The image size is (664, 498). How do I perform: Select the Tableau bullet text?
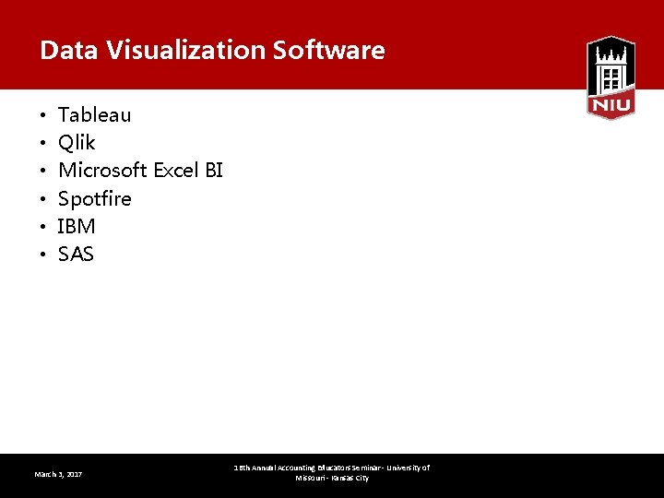(x=94, y=115)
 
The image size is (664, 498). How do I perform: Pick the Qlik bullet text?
(x=77, y=143)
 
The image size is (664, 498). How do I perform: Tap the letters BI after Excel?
(x=214, y=171)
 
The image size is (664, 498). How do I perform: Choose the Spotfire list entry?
(x=94, y=198)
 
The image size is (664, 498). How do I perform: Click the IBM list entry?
(x=77, y=226)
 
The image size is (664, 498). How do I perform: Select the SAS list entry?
(x=76, y=254)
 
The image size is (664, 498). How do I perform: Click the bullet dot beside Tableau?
(x=43, y=116)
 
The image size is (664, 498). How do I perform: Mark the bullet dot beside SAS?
(x=43, y=255)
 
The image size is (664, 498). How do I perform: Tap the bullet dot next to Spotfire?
(x=43, y=199)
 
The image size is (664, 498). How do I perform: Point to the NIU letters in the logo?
(x=611, y=106)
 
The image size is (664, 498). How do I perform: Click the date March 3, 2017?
(x=58, y=474)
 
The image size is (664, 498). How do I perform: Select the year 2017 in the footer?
(x=74, y=474)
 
